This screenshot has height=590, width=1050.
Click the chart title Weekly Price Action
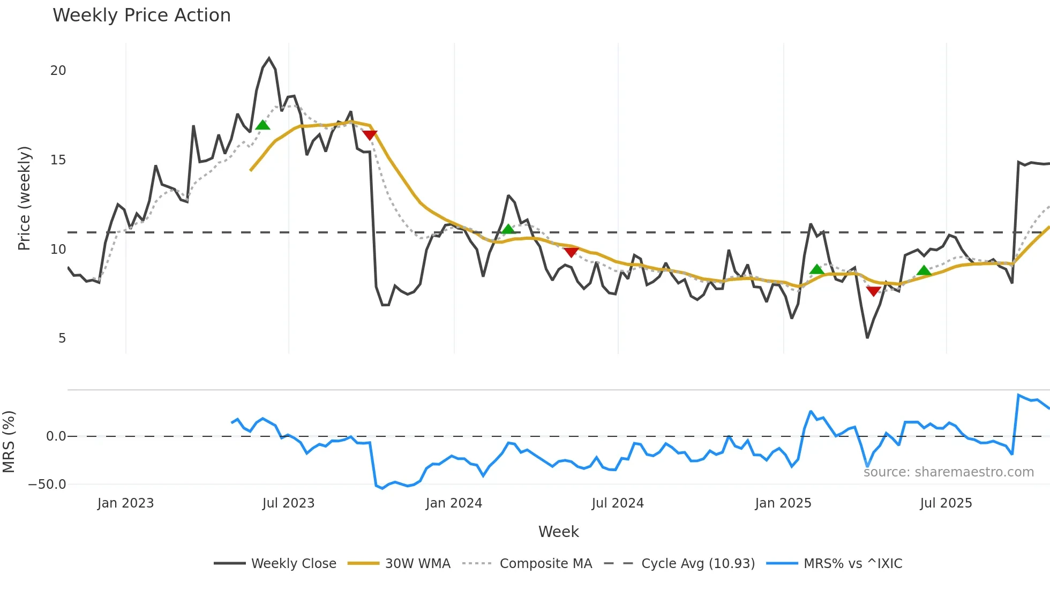(x=141, y=16)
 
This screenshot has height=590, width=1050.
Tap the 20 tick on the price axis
(x=58, y=71)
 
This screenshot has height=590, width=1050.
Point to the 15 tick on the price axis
(x=58, y=160)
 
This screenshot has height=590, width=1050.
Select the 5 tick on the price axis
(x=62, y=338)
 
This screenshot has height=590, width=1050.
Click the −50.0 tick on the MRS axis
(x=47, y=485)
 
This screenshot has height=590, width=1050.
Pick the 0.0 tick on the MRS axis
(x=56, y=436)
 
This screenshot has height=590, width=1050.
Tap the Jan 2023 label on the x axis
(x=125, y=503)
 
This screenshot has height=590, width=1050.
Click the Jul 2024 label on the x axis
(x=618, y=503)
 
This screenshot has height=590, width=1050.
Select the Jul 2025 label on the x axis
(x=946, y=503)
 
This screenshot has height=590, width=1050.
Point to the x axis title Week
(x=558, y=532)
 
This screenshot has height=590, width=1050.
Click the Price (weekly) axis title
(x=24, y=198)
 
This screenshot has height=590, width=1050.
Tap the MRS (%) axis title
(x=9, y=442)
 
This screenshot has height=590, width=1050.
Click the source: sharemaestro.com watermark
(x=948, y=472)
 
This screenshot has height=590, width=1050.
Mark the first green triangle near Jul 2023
(x=262, y=125)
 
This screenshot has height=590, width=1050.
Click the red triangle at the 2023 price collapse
(x=370, y=135)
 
